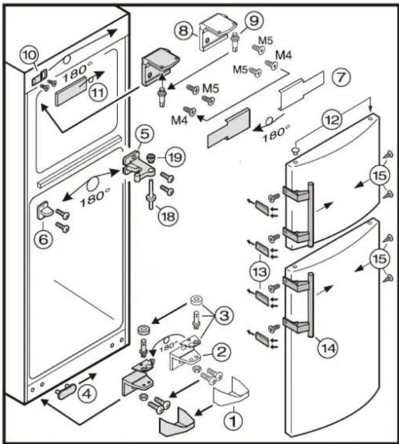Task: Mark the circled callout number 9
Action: point(254,21)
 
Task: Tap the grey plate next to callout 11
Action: point(70,95)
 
